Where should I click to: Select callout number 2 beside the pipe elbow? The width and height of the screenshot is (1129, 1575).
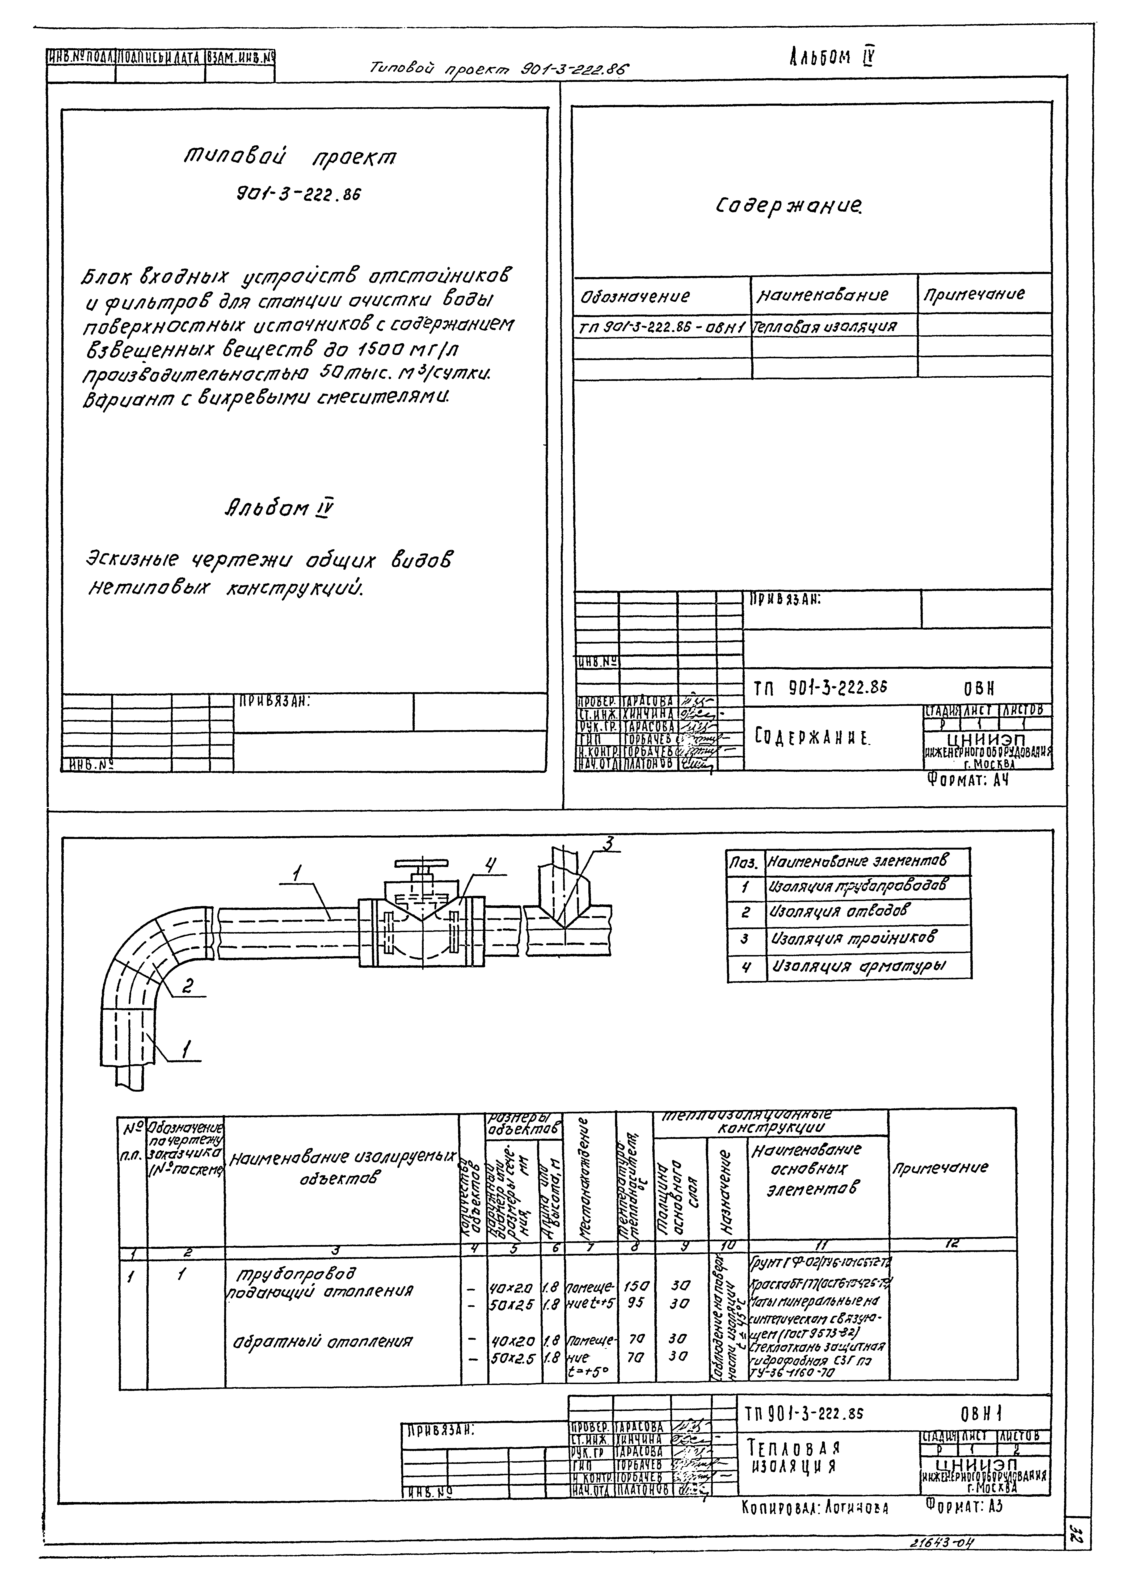[x=187, y=986]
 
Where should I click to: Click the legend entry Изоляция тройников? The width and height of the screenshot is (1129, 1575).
[x=853, y=938]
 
